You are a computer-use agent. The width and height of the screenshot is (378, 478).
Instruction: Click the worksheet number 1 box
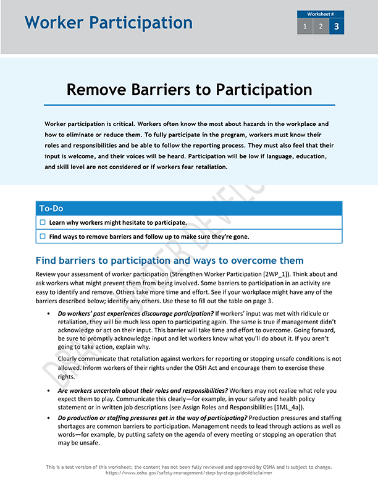(304, 26)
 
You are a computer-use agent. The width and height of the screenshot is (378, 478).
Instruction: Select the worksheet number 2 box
(321, 26)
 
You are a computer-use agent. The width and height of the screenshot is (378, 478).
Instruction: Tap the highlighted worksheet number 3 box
(337, 26)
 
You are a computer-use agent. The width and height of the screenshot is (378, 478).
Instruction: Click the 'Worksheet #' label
(321, 14)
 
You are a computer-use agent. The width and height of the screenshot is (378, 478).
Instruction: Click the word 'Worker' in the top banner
(54, 23)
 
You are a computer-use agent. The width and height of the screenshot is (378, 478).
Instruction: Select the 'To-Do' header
(51, 208)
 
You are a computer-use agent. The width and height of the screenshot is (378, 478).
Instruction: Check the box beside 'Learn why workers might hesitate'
(43, 222)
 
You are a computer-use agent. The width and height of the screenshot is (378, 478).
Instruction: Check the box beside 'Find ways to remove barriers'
(43, 237)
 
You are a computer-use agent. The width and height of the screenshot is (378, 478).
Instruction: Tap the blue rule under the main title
(189, 105)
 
